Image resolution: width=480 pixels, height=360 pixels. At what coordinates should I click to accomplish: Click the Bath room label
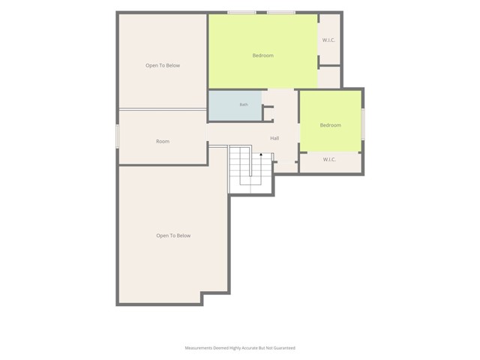(x=244, y=105)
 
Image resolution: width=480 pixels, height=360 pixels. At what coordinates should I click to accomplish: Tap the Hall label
(x=274, y=138)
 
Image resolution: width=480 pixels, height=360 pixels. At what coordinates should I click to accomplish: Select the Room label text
(x=163, y=142)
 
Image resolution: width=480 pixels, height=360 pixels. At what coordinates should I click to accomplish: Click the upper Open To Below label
(x=163, y=65)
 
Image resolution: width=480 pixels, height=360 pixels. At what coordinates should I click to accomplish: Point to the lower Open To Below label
(x=173, y=235)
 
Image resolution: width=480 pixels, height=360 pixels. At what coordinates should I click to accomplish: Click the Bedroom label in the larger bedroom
(x=263, y=55)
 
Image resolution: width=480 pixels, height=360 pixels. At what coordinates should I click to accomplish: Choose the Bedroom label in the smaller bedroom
(x=330, y=125)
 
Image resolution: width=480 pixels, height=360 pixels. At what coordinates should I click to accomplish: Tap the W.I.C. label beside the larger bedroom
(x=328, y=40)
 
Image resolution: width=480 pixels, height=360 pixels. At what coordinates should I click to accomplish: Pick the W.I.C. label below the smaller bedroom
(x=329, y=160)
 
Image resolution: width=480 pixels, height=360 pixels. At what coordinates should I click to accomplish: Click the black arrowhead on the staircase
(x=261, y=154)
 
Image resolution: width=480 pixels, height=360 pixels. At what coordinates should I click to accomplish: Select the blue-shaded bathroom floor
(x=235, y=105)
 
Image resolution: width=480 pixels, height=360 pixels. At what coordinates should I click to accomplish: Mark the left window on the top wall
(x=241, y=13)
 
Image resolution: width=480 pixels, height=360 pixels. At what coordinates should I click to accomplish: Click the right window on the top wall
(x=281, y=13)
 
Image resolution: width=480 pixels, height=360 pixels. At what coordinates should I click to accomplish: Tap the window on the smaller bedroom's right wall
(x=363, y=124)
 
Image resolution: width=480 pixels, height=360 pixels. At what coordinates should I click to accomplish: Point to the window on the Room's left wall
(x=117, y=136)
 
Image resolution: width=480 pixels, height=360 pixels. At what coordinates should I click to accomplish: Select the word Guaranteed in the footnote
(x=284, y=348)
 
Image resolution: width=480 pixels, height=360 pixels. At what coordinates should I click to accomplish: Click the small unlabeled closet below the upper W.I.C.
(x=329, y=77)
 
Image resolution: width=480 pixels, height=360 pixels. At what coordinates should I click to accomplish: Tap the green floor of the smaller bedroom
(x=330, y=121)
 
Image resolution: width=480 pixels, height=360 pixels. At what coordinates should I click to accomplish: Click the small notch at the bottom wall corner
(x=202, y=298)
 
